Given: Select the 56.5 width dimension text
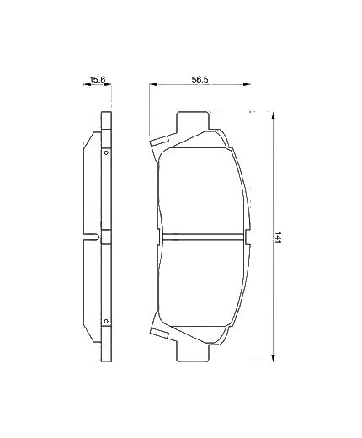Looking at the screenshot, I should (200, 80).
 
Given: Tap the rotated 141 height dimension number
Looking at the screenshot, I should (280, 238).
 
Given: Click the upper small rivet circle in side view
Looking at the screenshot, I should (105, 152).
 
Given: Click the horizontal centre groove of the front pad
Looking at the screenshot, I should (202, 238).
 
